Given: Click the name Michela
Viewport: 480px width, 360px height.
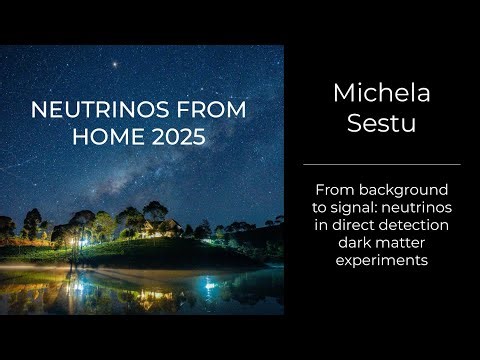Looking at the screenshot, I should (x=381, y=97).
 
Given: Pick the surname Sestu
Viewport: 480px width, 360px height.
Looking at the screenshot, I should (x=381, y=127).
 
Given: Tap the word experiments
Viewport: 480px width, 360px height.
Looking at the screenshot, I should (x=381, y=261).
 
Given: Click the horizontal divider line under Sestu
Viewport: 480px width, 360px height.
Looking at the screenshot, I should (x=381, y=164).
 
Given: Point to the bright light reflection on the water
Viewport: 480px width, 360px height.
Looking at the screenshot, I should (x=209, y=287).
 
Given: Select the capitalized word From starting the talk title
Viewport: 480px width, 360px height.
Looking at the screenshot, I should (x=335, y=189).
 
